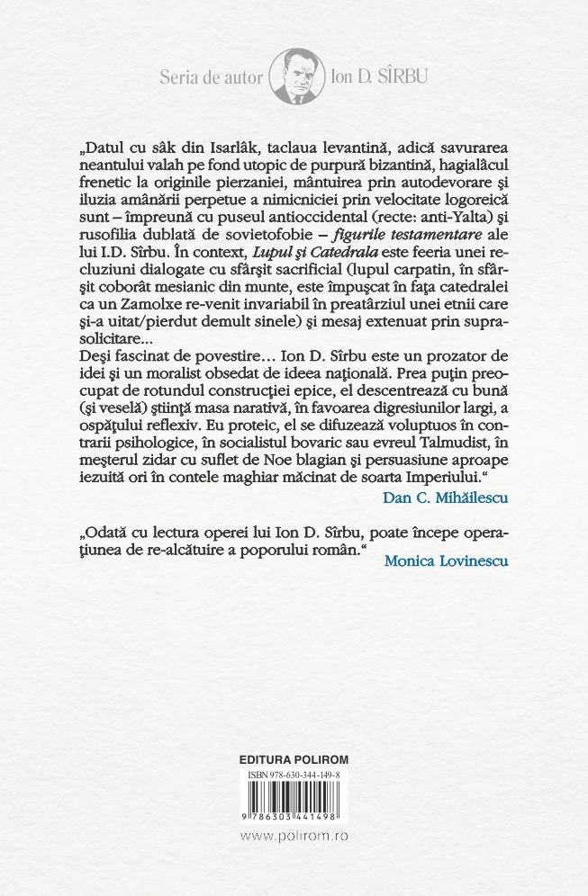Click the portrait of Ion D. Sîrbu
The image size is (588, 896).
tap(294, 77)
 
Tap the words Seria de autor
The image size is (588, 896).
tap(211, 77)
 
